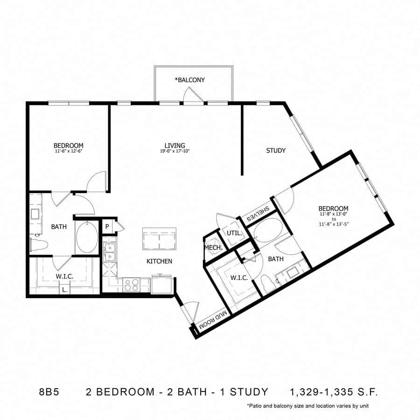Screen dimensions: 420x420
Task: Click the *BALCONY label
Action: (190, 80)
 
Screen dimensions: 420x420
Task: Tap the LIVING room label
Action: (175, 146)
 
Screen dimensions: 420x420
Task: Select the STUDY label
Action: (276, 151)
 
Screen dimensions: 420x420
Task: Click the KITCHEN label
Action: (160, 261)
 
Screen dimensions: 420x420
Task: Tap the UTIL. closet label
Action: (232, 233)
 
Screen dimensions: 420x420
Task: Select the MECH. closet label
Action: (212, 248)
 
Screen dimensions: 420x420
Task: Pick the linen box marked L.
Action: (64, 290)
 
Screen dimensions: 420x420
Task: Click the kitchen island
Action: (159, 239)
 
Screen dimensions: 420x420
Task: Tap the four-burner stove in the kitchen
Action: (132, 284)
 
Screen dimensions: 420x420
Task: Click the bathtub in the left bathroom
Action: (87, 238)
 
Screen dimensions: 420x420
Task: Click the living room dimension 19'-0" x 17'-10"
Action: (175, 151)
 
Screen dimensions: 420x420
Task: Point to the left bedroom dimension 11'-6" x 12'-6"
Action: (68, 151)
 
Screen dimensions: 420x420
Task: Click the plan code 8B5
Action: (48, 392)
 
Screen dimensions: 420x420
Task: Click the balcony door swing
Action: (193, 95)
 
